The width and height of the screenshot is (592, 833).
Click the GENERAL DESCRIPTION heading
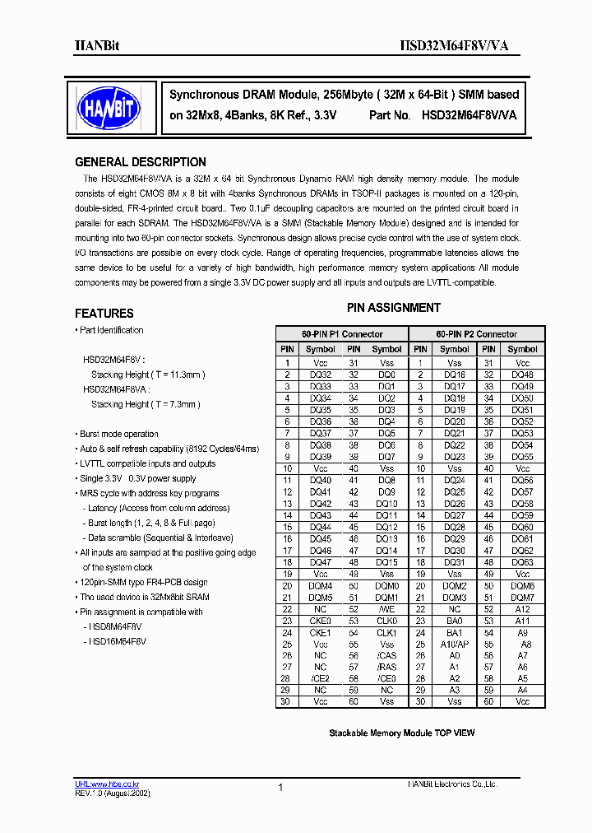[x=141, y=162]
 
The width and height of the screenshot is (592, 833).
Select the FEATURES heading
[x=104, y=314]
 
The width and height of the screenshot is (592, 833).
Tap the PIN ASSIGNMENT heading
[x=393, y=308]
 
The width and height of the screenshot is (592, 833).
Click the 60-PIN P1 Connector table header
[x=341, y=334]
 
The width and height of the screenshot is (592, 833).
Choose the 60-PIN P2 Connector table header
[x=476, y=334]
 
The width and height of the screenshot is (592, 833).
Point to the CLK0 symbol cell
[x=386, y=621]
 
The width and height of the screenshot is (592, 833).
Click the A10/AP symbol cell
[x=455, y=645]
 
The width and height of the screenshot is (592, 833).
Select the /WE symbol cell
[x=386, y=610]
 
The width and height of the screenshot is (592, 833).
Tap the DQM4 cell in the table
[x=321, y=586]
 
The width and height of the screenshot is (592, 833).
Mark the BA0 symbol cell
[x=455, y=621]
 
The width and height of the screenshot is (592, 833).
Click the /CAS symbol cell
[x=386, y=656]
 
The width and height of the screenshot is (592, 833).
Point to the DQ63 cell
[x=522, y=563]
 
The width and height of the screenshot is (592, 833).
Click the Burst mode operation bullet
[x=118, y=434]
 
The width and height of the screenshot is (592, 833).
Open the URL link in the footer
[x=104, y=784]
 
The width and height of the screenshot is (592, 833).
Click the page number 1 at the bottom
[x=280, y=788]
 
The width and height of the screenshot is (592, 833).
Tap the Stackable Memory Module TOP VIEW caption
[x=401, y=733]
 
